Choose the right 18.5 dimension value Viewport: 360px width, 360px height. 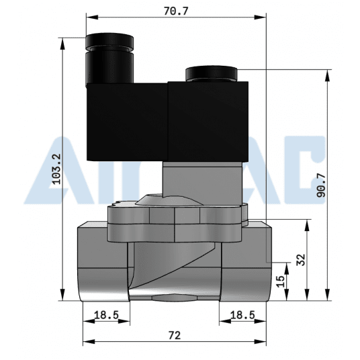242,314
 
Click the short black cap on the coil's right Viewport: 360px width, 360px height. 210,72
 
